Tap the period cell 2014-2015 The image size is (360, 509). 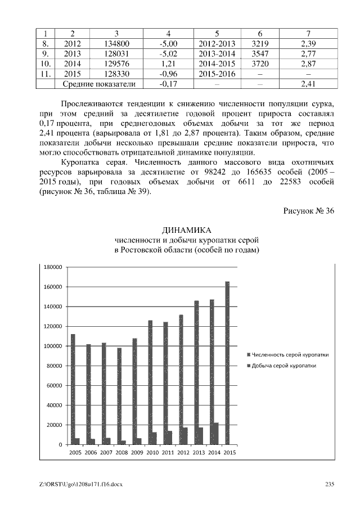(217, 64)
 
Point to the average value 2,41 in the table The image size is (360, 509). (307, 84)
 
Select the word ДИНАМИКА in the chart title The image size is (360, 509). (186, 231)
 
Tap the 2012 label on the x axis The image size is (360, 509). (183, 452)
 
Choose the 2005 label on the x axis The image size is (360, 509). (75, 452)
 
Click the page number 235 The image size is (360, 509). (330, 485)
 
